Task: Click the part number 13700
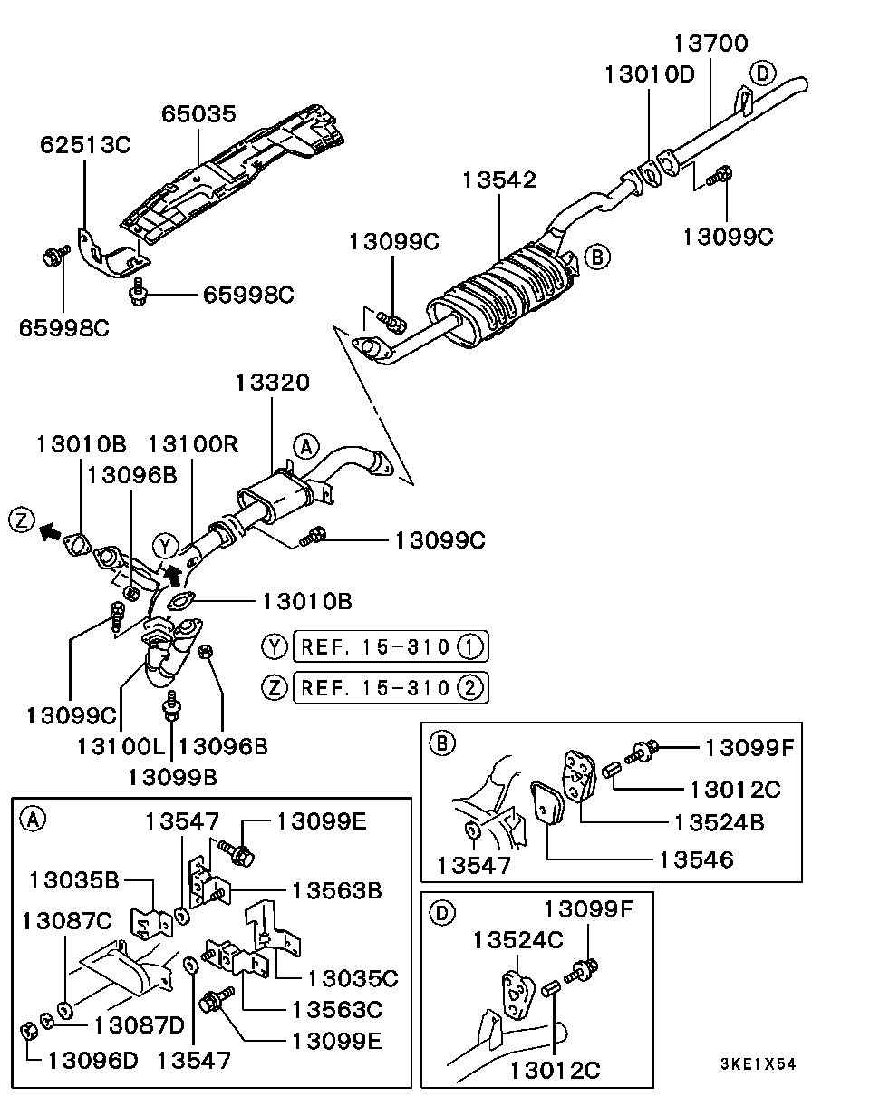711,44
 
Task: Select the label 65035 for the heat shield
198,114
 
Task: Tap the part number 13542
499,180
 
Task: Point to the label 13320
272,383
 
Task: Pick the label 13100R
193,444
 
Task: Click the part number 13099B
172,776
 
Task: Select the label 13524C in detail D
517,940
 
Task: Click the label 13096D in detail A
92,1059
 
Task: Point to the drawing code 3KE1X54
759,1064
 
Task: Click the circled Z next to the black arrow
22,520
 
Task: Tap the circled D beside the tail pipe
762,73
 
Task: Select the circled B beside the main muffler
597,257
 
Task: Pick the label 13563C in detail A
336,1008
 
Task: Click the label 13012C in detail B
734,789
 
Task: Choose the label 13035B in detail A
74,879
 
